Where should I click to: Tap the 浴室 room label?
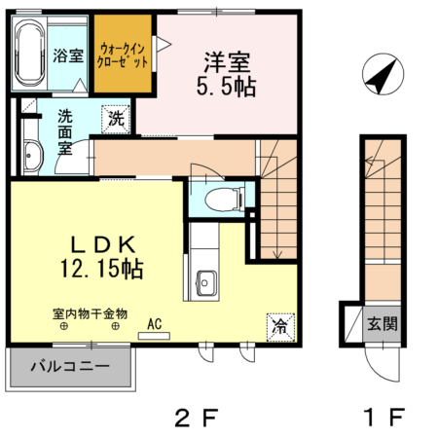68,55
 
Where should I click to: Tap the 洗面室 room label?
65,132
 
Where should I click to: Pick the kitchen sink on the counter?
205,280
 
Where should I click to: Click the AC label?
154,324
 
